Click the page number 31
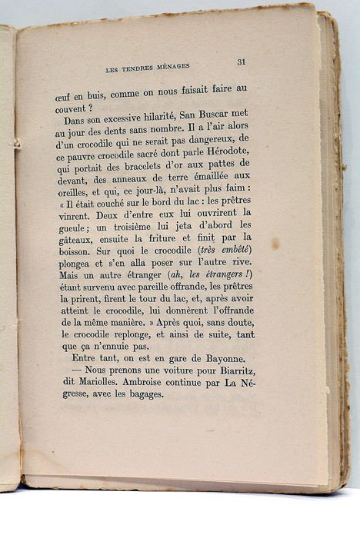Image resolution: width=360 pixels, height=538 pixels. (241, 62)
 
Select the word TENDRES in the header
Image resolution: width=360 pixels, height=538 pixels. (132, 68)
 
